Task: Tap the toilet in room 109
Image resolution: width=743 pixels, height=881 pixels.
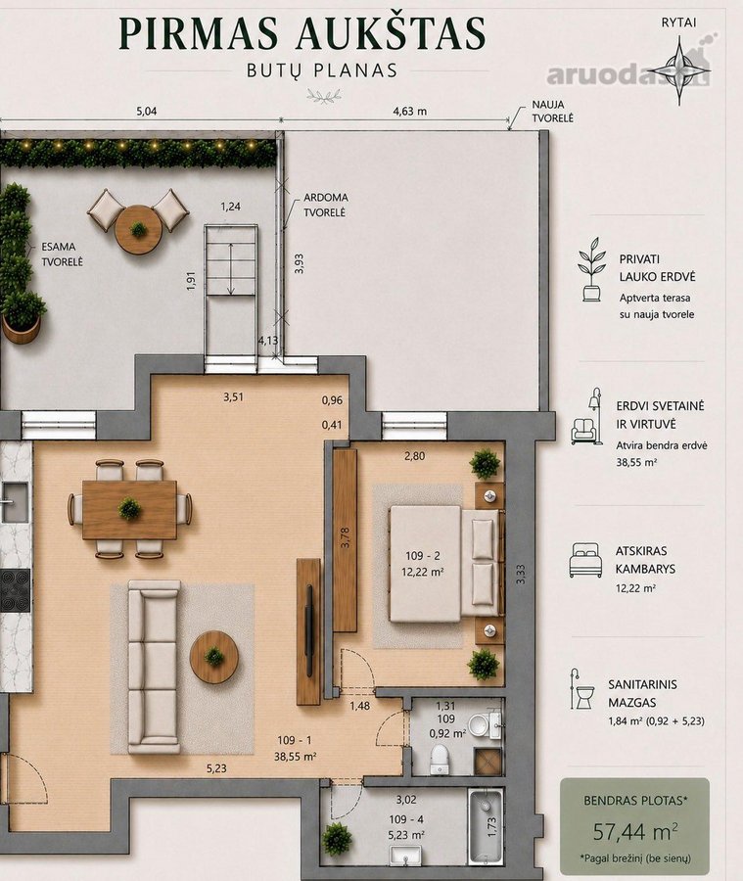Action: tap(439, 759)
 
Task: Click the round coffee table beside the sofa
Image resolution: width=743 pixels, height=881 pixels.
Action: tap(214, 656)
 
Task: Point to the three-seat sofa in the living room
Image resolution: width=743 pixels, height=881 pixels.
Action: tap(154, 667)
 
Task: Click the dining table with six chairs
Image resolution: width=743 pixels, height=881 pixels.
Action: tap(130, 510)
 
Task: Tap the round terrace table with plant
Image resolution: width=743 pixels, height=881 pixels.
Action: tap(138, 230)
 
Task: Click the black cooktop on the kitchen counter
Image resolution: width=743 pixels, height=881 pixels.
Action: tap(15, 590)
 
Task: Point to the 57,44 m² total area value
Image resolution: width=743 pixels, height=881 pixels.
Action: tap(635, 830)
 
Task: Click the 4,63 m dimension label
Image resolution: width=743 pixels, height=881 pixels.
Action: tap(410, 111)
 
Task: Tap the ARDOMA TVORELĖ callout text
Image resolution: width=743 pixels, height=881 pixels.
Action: tap(325, 206)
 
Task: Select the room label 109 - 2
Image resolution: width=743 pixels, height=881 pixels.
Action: tap(423, 556)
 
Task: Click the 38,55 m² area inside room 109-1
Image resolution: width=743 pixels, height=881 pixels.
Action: tap(295, 757)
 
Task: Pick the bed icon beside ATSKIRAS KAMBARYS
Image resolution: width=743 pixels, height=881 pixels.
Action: tap(585, 560)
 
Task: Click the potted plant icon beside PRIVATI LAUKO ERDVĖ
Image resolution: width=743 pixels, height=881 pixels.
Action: tap(592, 269)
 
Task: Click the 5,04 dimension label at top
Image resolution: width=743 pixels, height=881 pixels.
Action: tap(146, 111)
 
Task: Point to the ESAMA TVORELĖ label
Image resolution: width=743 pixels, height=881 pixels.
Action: tap(62, 254)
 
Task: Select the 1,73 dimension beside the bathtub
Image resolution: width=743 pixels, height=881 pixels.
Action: tap(491, 825)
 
